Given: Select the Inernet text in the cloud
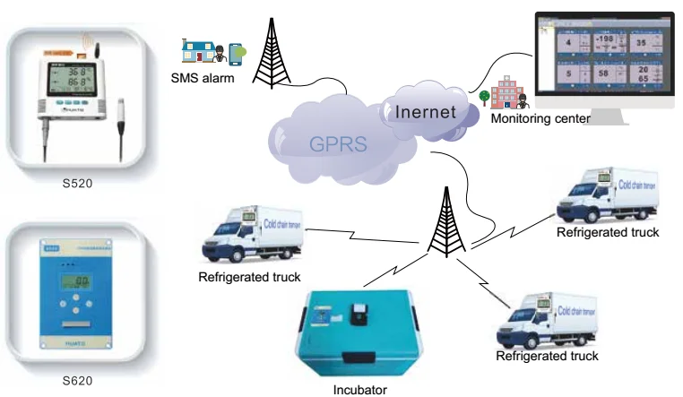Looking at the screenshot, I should (427, 114).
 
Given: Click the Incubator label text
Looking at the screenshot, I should (359, 389).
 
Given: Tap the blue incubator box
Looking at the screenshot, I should (360, 332).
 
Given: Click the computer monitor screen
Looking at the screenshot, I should (603, 56).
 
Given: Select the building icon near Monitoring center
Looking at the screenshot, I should (502, 93).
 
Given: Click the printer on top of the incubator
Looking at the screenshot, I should (359, 311).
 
